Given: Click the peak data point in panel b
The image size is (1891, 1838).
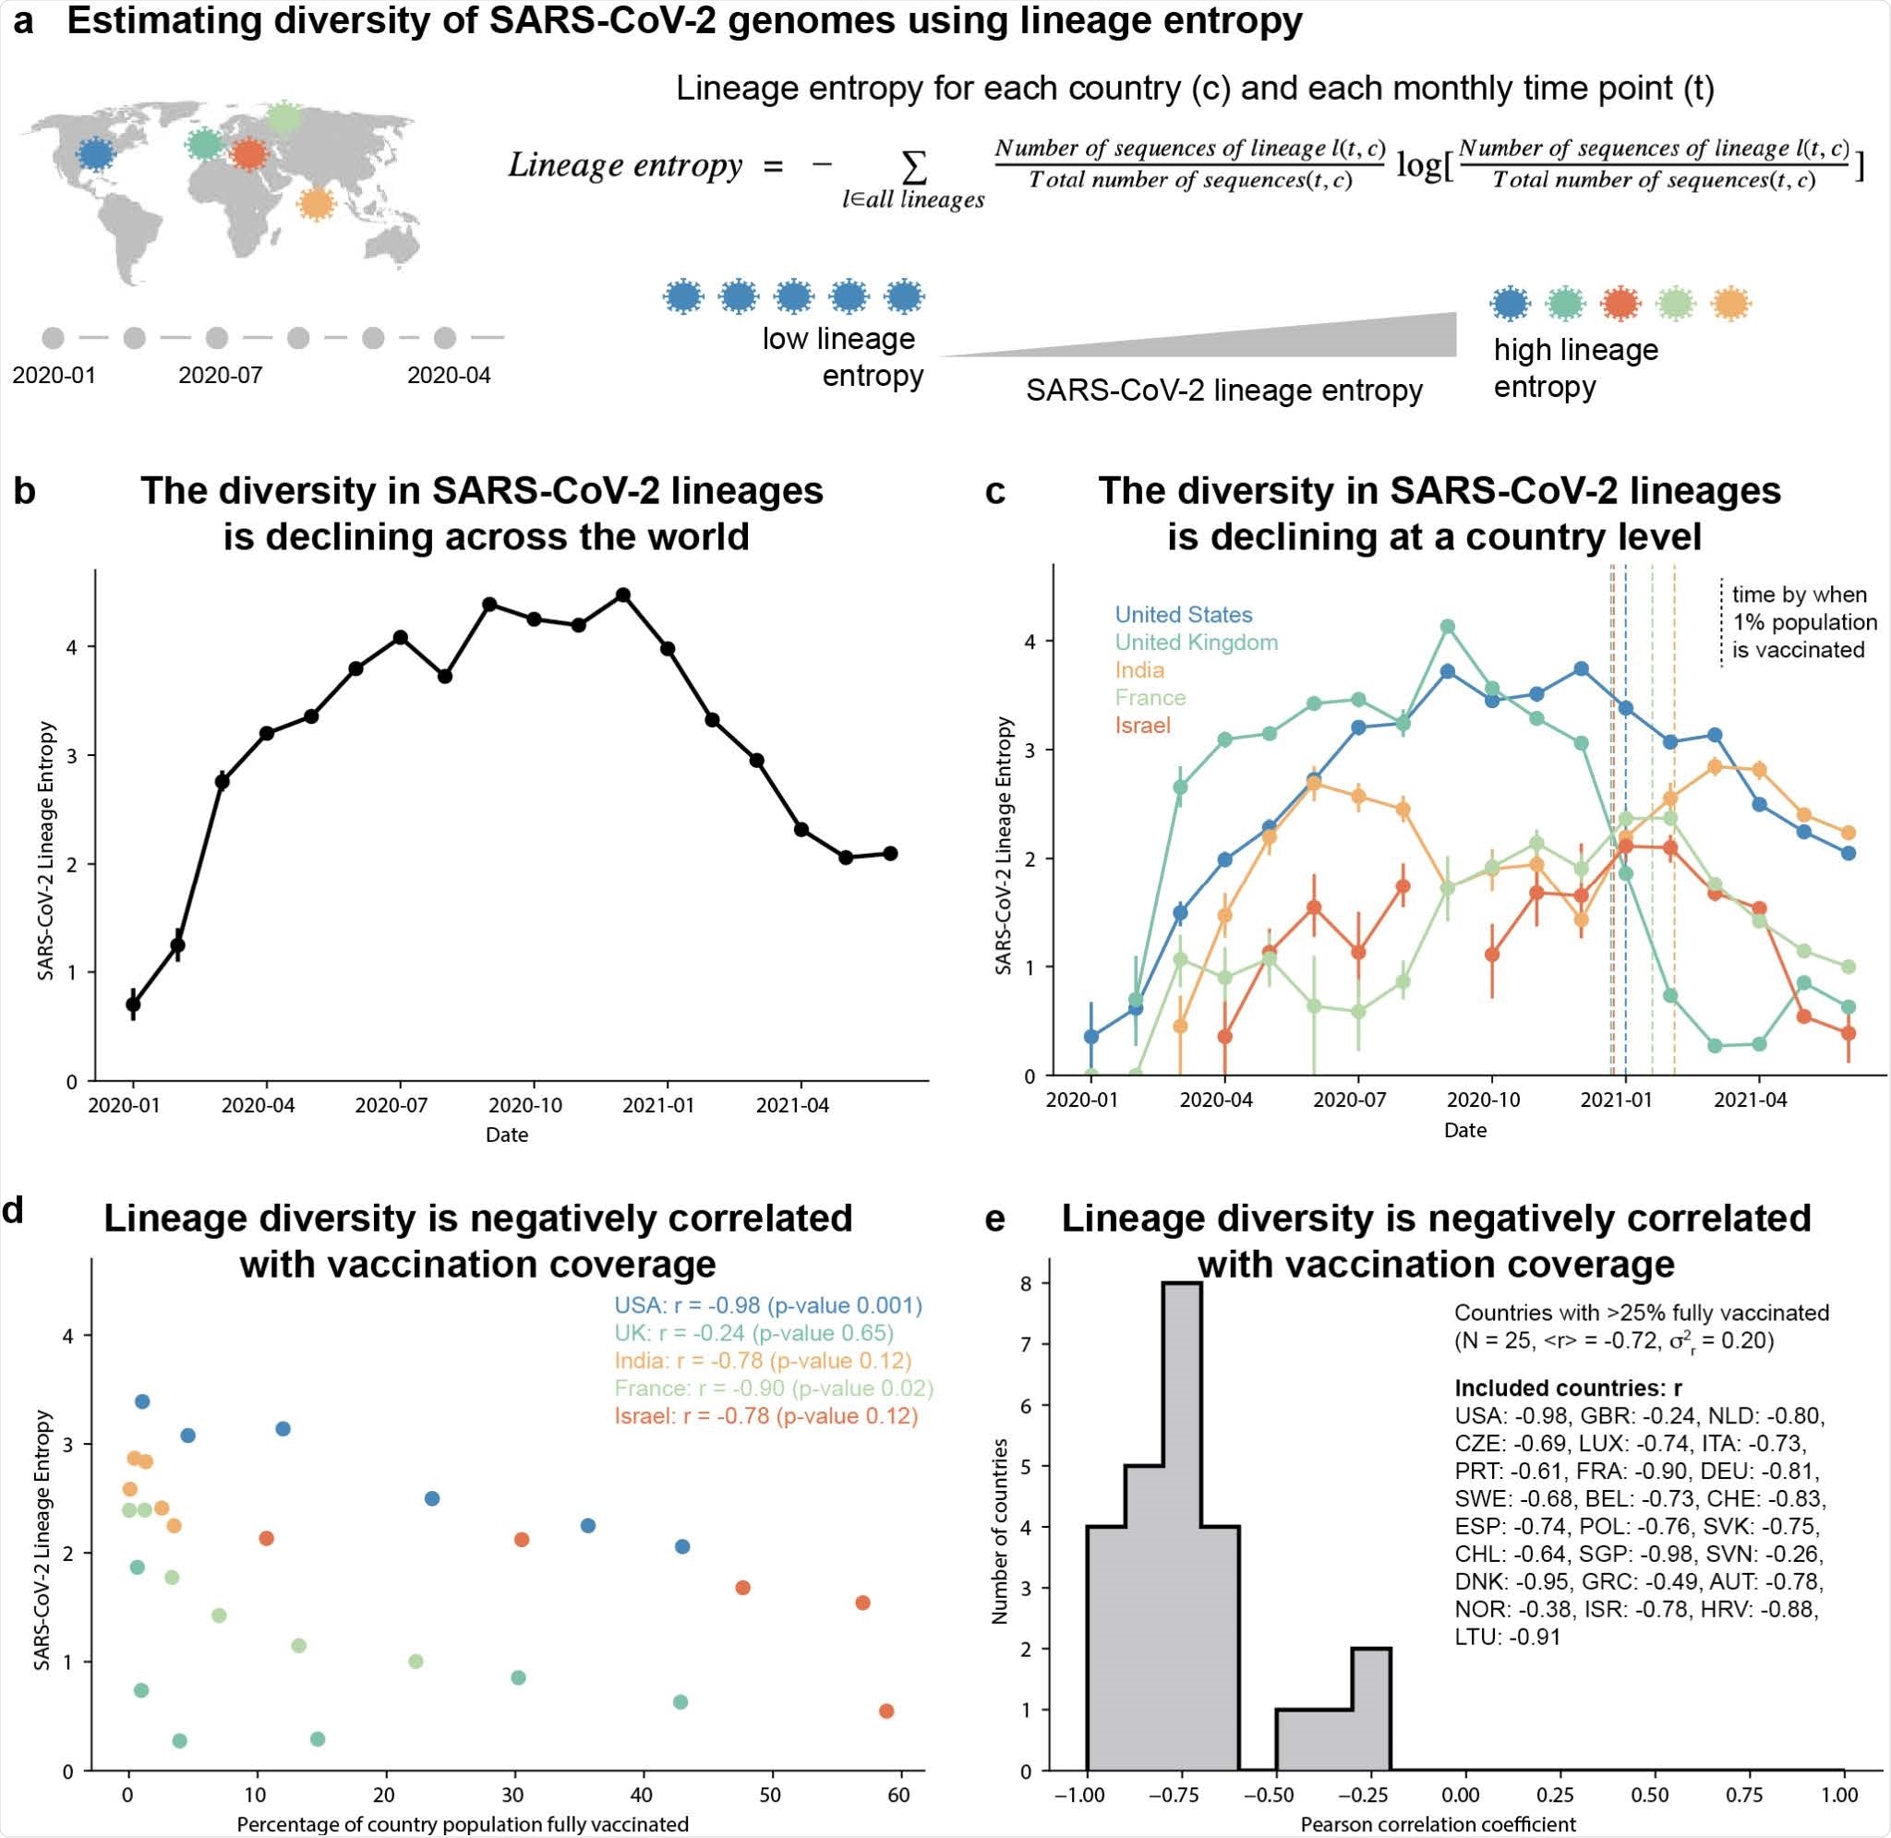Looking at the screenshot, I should point(622,595).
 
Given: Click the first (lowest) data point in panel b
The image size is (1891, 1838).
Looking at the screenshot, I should point(133,1004).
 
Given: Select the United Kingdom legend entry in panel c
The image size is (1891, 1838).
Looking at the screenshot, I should point(1196,642).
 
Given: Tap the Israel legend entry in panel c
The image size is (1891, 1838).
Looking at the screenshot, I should point(1142,725).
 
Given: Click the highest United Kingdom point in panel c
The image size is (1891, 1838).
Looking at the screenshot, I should point(1447,627).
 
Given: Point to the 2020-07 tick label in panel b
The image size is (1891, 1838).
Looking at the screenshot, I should point(391,1105).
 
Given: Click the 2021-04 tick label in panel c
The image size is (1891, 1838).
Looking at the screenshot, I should point(1749,1099).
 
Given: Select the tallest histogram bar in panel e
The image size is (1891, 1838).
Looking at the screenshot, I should point(1182,1526).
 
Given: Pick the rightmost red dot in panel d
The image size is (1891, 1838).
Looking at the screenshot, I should point(886,1712).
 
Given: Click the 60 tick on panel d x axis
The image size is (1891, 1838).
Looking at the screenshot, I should point(898,1795).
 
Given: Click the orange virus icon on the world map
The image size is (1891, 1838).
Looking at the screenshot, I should point(315,205).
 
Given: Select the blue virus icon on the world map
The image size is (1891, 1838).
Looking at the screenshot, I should point(94,154).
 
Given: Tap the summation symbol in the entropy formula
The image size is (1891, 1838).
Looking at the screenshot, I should point(912,169).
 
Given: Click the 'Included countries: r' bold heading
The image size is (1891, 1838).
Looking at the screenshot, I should point(1568,1388).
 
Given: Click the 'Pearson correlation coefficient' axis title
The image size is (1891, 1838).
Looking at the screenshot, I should point(1438,1824).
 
